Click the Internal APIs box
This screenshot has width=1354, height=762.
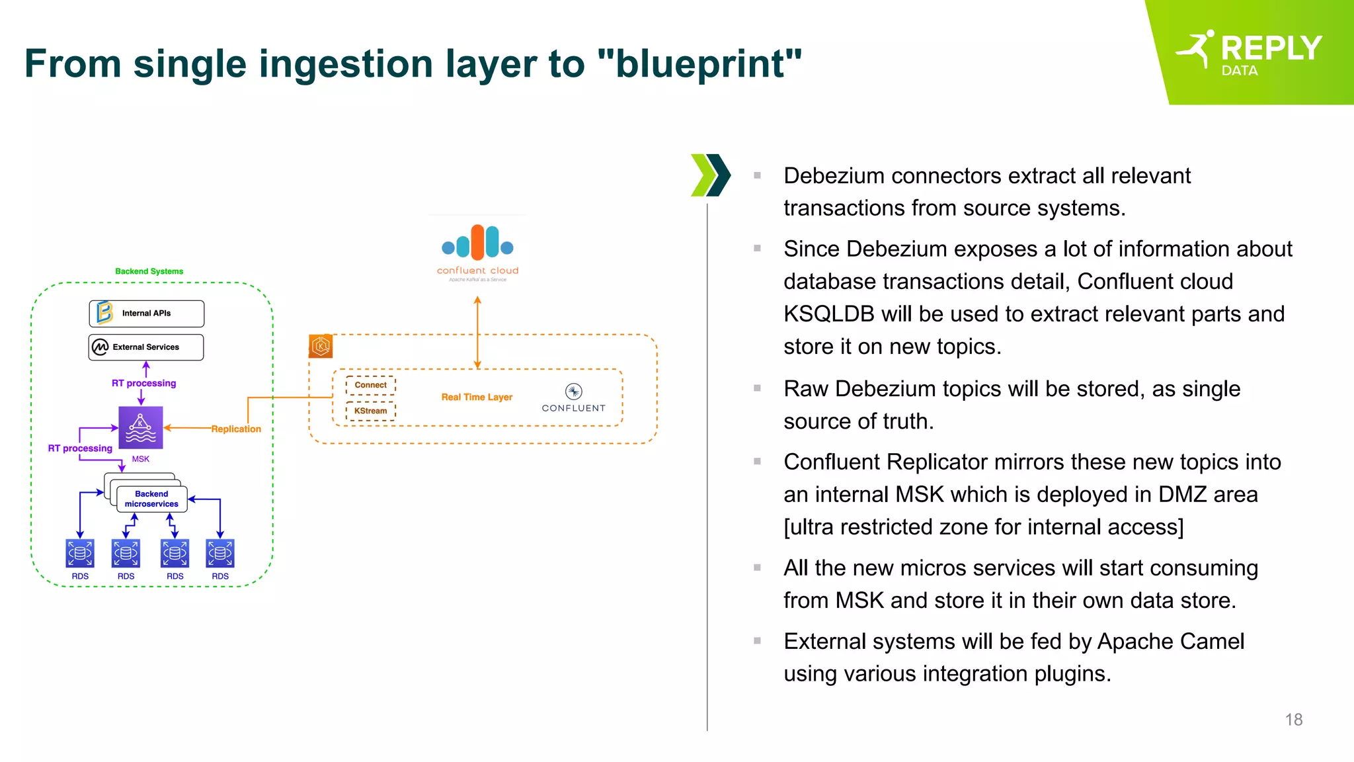point(146,314)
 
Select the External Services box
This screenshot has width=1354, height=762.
point(146,347)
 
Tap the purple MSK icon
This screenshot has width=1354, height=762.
point(140,428)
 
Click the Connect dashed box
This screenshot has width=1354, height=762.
point(370,385)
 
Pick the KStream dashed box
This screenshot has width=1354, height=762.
point(370,411)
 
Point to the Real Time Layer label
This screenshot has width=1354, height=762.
point(477,397)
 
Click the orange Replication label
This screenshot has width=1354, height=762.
point(236,429)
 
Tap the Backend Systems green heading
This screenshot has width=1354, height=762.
point(149,271)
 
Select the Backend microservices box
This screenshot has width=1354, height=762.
point(151,499)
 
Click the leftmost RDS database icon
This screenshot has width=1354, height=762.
point(80,554)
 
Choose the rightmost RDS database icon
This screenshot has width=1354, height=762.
point(220,554)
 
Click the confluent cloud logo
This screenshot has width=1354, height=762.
point(477,251)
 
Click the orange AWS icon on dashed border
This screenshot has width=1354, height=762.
point(321,346)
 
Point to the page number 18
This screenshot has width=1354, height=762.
point(1293,720)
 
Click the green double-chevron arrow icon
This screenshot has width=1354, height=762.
point(710,175)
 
